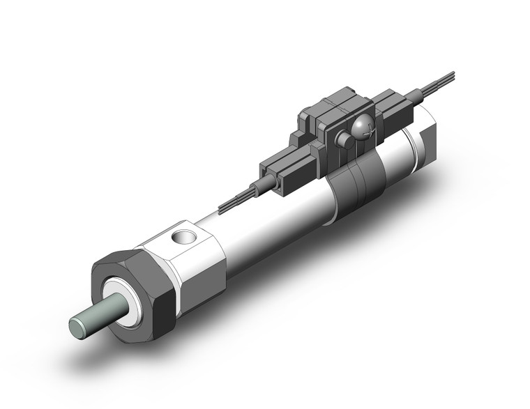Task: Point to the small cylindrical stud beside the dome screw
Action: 343,139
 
